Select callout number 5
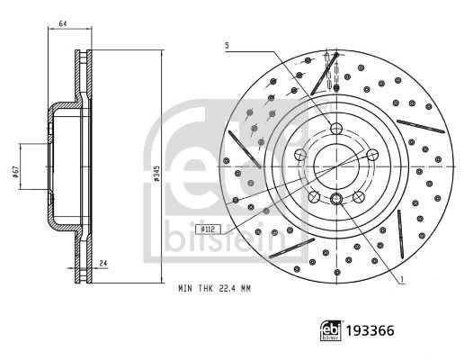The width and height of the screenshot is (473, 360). pyautogui.click(x=228, y=44)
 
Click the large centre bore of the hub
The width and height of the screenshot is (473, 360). pyautogui.click(x=335, y=165)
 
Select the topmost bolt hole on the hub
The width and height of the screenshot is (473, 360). pyautogui.click(x=335, y=128)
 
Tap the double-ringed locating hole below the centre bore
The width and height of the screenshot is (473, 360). pyautogui.click(x=335, y=200)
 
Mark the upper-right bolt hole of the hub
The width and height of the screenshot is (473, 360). pyautogui.click(x=370, y=154)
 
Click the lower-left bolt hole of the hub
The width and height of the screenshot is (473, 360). pyautogui.click(x=313, y=195)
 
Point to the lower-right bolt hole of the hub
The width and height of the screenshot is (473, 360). pyautogui.click(x=358, y=195)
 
